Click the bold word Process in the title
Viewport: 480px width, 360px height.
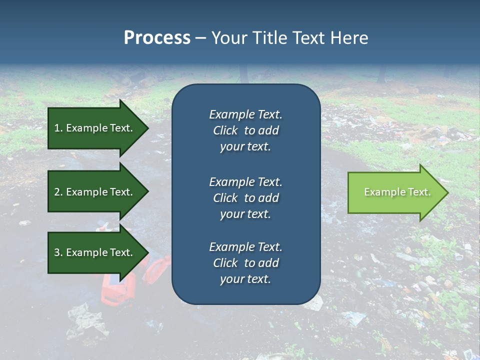157,38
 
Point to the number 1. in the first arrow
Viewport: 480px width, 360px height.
58,128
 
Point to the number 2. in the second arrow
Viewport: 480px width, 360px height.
58,192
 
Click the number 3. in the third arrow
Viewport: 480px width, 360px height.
58,252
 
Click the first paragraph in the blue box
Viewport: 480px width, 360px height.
245,130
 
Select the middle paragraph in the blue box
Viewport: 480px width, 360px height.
245,198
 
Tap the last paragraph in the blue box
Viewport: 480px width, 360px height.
245,263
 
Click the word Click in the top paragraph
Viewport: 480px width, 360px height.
225,130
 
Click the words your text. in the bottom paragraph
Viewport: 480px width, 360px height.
245,279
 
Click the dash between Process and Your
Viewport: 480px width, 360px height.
200,38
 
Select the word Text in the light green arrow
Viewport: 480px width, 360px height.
419,192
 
